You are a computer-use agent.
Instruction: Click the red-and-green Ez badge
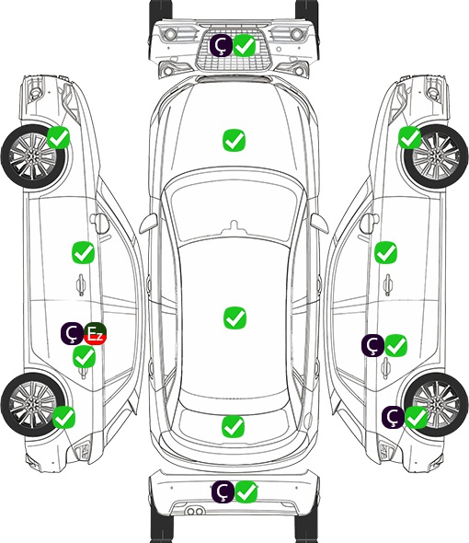[x=96, y=334]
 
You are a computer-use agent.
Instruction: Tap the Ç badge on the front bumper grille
[x=222, y=45]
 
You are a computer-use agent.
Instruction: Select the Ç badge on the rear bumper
[x=223, y=491]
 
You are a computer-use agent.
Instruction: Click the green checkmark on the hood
[x=234, y=140]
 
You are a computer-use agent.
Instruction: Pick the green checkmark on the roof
[x=234, y=318]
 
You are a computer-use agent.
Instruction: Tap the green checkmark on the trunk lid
[x=233, y=426]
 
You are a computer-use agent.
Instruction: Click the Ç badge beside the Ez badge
[x=72, y=333]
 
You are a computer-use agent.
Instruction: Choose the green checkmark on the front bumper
[x=245, y=45]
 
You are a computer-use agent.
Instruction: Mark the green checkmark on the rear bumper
[x=246, y=491]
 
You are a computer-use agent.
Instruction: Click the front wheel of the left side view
[x=32, y=157]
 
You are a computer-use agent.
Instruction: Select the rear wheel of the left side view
[x=32, y=404]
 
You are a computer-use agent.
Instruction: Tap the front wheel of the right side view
[x=436, y=156]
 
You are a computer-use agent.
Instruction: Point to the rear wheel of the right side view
[x=437, y=404]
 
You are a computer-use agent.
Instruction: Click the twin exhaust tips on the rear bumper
[x=195, y=511]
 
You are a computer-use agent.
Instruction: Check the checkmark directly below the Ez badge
[x=84, y=357]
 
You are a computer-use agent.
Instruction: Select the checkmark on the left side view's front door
[x=83, y=252]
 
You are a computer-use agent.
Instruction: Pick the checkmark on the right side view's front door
[x=386, y=252]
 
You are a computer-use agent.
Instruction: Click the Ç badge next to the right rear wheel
[x=394, y=417]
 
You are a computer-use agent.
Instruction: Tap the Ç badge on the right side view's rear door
[x=372, y=345]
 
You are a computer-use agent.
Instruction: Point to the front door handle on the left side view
[x=81, y=284]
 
